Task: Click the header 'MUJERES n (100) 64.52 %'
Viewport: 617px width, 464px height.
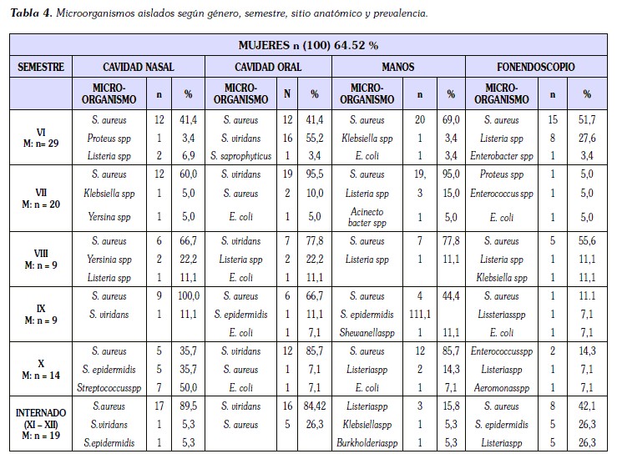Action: click(x=308, y=46)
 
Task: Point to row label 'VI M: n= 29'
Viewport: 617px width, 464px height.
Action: click(x=42, y=138)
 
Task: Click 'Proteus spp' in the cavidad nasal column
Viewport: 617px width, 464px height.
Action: click(x=110, y=138)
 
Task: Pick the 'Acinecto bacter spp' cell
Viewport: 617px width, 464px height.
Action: click(x=367, y=217)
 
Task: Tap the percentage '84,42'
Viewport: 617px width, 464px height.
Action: click(x=315, y=406)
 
